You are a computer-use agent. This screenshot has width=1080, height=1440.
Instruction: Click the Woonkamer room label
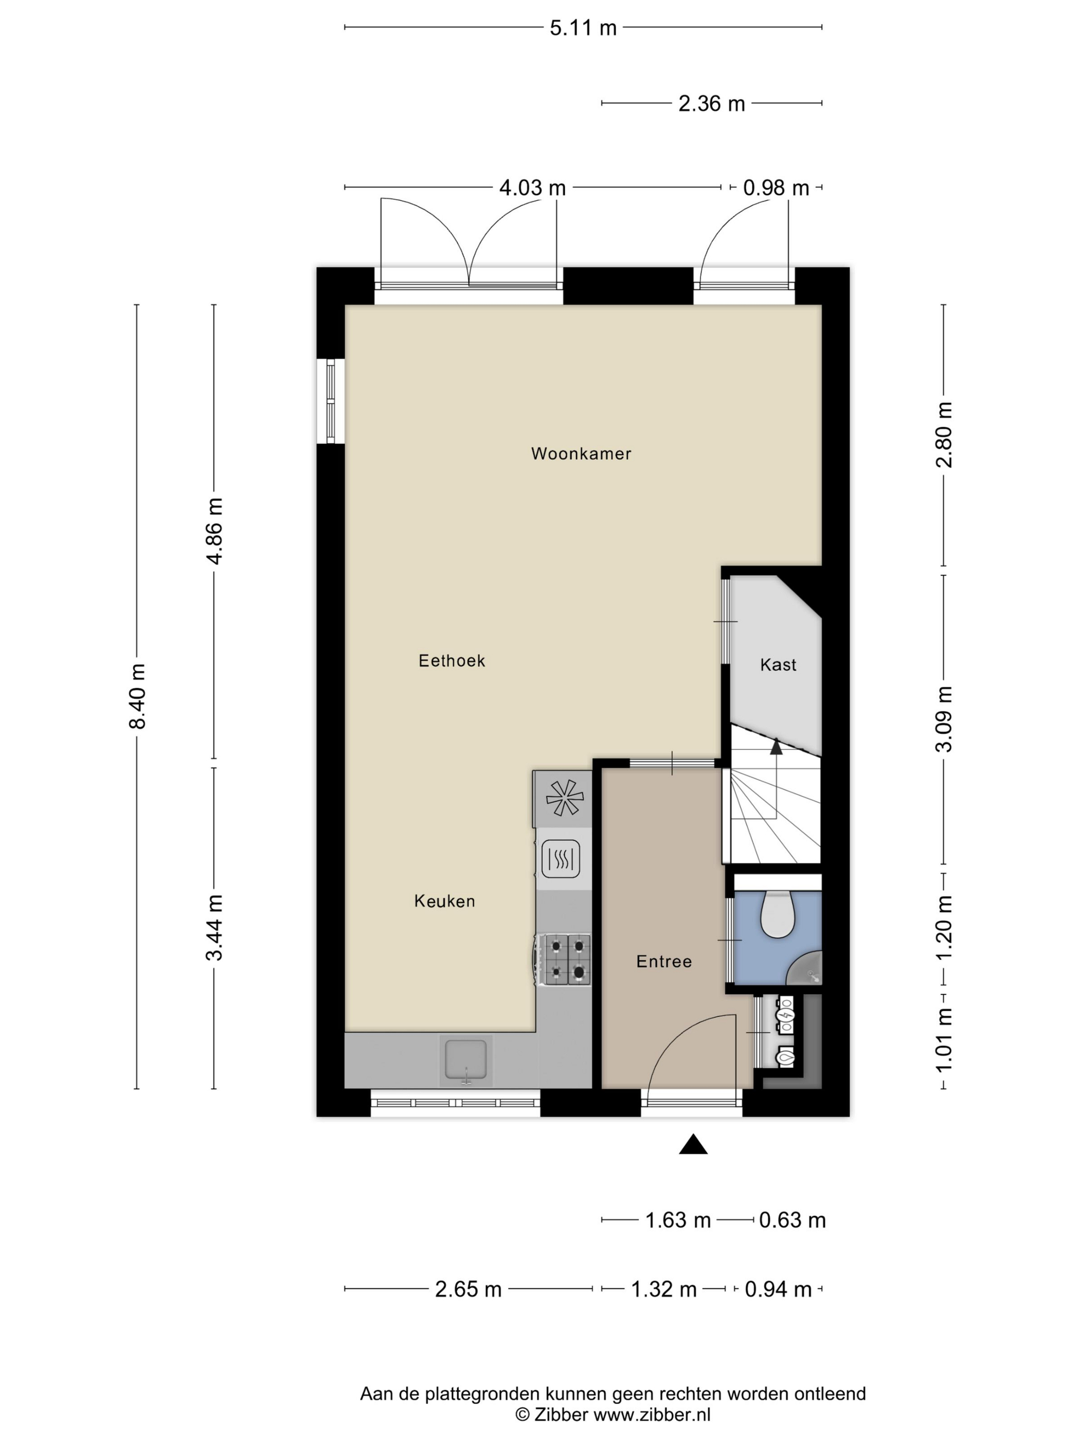pyautogui.click(x=581, y=454)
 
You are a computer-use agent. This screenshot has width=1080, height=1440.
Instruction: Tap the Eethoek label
pyautogui.click(x=452, y=661)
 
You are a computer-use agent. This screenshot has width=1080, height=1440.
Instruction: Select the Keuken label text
pyautogui.click(x=445, y=901)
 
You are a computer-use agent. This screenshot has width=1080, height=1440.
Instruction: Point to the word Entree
pyautogui.click(x=664, y=962)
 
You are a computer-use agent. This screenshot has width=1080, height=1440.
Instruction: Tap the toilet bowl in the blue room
pyautogui.click(x=777, y=914)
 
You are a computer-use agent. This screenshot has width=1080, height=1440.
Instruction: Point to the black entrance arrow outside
pyautogui.click(x=693, y=1144)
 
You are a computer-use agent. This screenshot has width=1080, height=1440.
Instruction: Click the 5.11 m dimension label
pyautogui.click(x=583, y=28)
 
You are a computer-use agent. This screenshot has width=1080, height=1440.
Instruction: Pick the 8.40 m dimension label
pyautogui.click(x=138, y=696)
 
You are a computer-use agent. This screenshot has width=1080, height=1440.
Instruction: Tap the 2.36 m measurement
pyautogui.click(x=712, y=103)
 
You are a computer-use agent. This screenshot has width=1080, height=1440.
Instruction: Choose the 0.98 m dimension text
pyautogui.click(x=776, y=188)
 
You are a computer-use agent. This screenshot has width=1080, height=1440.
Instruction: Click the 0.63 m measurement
pyautogui.click(x=793, y=1220)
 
